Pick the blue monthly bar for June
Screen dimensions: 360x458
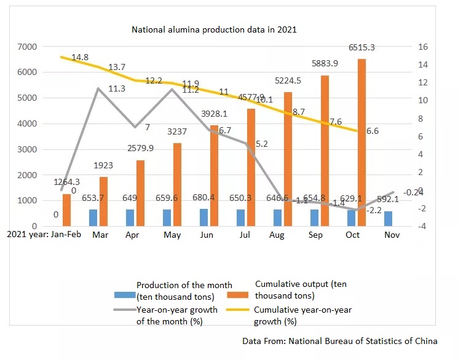click(x=204, y=217)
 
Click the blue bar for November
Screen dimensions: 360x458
click(x=389, y=219)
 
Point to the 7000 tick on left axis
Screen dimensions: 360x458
click(x=28, y=47)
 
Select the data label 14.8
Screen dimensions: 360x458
click(x=81, y=58)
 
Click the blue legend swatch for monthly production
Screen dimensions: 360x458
click(x=124, y=289)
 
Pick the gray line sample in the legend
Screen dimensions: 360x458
click(x=124, y=310)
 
